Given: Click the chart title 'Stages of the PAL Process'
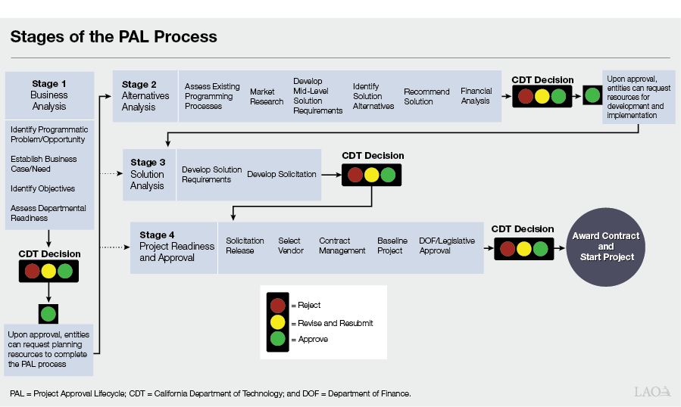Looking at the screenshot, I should (x=114, y=36).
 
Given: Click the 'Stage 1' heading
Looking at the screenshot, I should (x=49, y=84).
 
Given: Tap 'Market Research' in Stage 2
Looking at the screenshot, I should (x=267, y=97).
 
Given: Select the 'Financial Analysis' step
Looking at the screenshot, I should (x=476, y=96).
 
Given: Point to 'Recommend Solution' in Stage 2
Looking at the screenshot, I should (x=426, y=97).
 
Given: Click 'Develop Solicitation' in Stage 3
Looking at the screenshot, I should (x=282, y=174).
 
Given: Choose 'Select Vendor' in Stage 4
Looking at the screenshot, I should (x=291, y=246).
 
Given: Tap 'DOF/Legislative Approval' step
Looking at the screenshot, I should (x=447, y=246).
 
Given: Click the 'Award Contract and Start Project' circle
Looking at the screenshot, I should (x=605, y=247).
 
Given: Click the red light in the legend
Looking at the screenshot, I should (x=278, y=305).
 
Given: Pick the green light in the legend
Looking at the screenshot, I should (x=278, y=340).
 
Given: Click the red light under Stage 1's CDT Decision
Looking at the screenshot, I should (x=32, y=272).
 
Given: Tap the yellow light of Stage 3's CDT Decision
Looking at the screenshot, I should (x=371, y=175).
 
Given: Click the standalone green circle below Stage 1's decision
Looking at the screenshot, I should (x=48, y=314).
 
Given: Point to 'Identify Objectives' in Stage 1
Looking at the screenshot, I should (x=42, y=188).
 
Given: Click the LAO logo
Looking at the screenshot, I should (x=652, y=391).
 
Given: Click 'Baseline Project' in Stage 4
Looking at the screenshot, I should (x=391, y=246).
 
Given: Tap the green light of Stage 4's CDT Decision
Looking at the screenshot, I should (x=540, y=248).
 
